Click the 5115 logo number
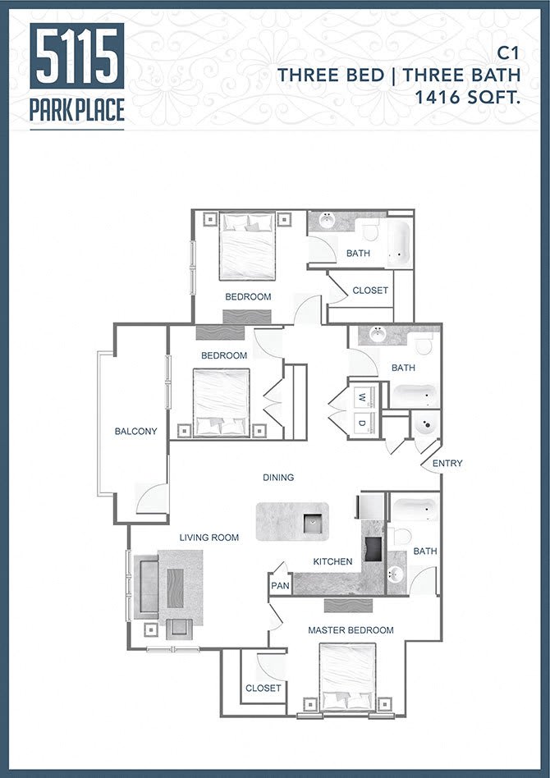coord(76,56)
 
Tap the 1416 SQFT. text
coord(468,97)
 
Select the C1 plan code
coord(509,53)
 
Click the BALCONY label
coord(135,432)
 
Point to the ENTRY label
coord(447,464)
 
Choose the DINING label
coord(278,477)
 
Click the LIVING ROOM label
coord(209,538)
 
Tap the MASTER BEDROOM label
coord(351,630)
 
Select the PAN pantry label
coord(279,586)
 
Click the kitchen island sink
coord(312,522)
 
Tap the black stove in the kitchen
coord(374,547)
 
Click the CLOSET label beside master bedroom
coord(263,689)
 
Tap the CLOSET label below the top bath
coord(370,291)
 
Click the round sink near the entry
coord(425,426)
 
